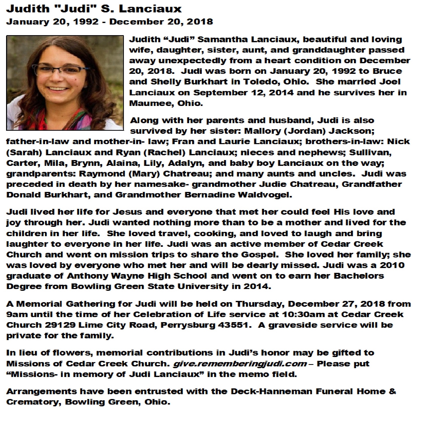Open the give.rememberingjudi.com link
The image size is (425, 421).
click(x=240, y=364)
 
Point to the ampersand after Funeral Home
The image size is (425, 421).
click(x=392, y=391)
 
